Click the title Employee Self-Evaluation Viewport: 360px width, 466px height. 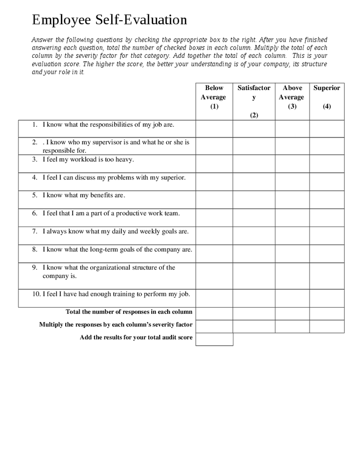click(x=109, y=20)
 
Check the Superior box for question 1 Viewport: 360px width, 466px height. click(x=327, y=128)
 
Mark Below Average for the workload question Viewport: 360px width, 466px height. click(x=214, y=164)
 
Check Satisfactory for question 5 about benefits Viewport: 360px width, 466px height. click(x=254, y=199)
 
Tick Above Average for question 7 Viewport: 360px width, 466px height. click(x=292, y=235)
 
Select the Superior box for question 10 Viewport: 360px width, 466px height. click(x=327, y=298)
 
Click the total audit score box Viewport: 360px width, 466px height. click(x=214, y=339)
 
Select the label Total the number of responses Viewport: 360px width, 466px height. click(x=129, y=312)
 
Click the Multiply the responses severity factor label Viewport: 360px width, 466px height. click(x=116, y=325)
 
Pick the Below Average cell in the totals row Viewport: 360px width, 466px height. click(x=214, y=314)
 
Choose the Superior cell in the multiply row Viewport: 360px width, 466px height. click(x=327, y=326)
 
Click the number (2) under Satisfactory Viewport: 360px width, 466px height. click(x=254, y=115)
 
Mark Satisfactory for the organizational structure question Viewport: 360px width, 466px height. click(x=254, y=276)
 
